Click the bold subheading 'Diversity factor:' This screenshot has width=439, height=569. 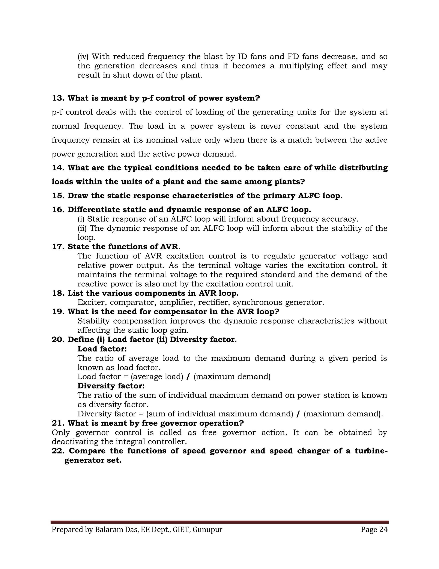(111, 386)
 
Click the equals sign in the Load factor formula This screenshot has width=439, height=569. (126, 377)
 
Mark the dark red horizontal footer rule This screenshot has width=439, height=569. (219, 522)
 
